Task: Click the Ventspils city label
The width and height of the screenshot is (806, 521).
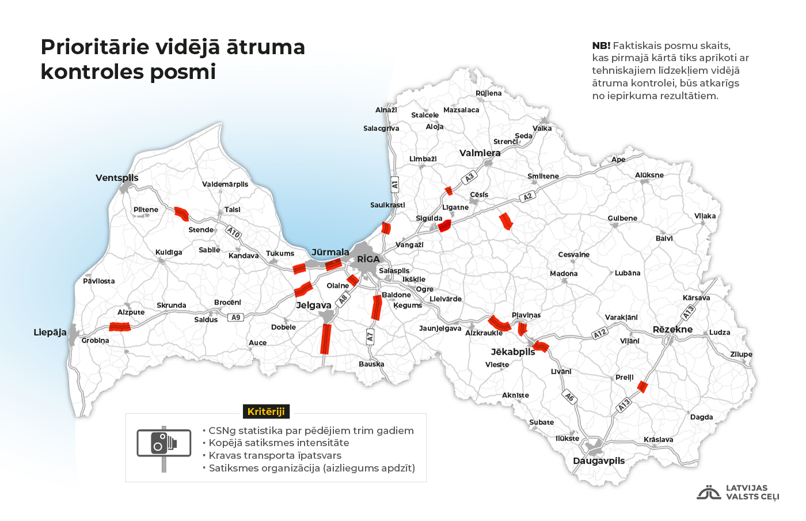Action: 117,178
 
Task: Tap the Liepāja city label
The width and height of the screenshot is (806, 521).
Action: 50,332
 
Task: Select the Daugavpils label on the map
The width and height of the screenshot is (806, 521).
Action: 599,461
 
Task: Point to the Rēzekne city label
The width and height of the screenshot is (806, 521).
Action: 672,329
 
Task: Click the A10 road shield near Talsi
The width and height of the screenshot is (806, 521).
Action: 233,232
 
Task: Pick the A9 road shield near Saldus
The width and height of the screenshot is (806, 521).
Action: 235,317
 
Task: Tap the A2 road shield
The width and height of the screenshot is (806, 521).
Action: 527,197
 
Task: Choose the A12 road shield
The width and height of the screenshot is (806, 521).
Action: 600,333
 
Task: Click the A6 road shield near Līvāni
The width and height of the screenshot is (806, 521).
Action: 569,397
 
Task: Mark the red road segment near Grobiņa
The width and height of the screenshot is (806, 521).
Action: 120,327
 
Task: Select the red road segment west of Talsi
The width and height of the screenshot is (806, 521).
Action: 182,214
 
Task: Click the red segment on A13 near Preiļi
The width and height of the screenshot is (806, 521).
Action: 642,387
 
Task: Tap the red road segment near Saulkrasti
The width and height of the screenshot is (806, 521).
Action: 386,229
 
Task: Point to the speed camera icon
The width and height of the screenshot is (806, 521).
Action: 164,444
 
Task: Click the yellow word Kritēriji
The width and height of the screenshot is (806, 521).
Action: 266,412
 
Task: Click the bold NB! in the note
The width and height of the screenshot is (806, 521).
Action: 601,45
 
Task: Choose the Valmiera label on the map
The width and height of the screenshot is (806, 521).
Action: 480,153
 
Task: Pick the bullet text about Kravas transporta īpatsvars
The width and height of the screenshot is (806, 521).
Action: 275,455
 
